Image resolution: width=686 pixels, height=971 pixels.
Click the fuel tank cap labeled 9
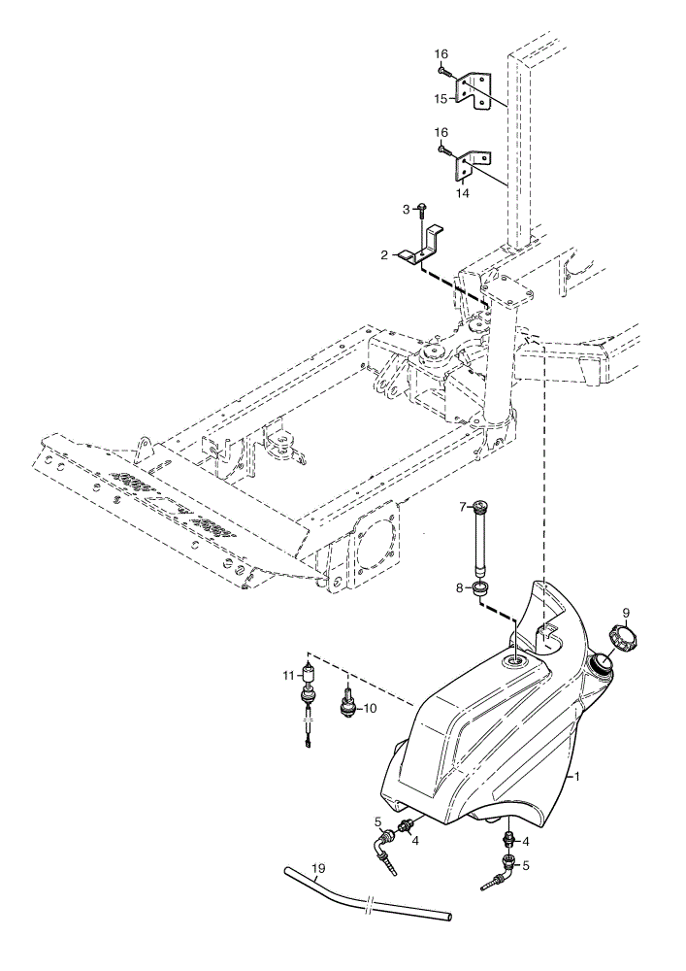click(623, 636)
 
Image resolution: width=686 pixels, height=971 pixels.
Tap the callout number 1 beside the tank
click(577, 775)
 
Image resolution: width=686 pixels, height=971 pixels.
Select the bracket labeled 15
click(474, 91)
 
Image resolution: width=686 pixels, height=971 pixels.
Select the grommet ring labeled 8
click(481, 588)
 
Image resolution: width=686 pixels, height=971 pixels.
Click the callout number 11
click(290, 676)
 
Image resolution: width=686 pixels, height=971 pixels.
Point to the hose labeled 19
click(368, 892)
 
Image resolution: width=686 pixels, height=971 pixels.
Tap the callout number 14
click(463, 194)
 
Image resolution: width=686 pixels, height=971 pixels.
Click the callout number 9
click(626, 613)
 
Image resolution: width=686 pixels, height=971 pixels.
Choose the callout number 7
click(462, 507)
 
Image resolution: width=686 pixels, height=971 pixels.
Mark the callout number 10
click(370, 708)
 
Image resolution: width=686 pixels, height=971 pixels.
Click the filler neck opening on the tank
click(600, 664)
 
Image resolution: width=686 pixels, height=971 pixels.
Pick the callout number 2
click(384, 254)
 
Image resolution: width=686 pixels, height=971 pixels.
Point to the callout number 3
click(406, 210)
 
